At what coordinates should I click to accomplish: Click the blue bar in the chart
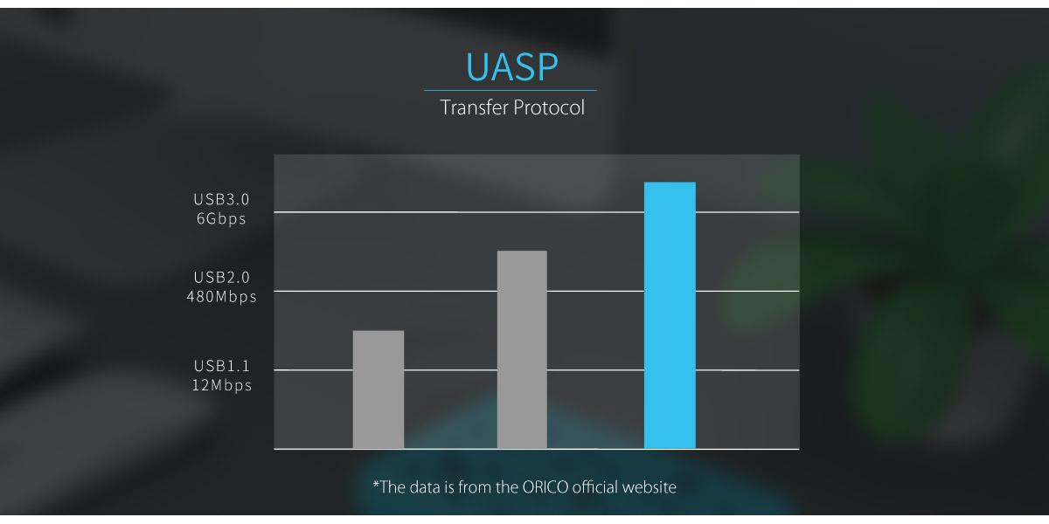point(670,315)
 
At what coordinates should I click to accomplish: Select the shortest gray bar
point(379,390)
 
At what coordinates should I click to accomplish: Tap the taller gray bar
point(522,349)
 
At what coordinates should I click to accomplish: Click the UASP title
point(512,67)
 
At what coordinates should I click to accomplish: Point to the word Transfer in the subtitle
point(474,107)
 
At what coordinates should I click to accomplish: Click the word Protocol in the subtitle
point(549,107)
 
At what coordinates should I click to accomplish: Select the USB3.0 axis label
point(221,200)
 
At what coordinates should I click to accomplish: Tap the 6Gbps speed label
point(221,219)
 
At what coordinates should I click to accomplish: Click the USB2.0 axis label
point(221,278)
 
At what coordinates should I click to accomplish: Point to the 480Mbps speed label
point(221,297)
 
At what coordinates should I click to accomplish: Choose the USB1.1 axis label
point(221,366)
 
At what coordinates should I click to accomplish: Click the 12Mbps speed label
point(221,385)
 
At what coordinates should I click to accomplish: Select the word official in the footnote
point(594,487)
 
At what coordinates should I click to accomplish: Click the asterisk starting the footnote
point(376,484)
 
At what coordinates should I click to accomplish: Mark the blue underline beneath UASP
point(511,90)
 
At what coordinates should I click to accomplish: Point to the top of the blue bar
point(670,183)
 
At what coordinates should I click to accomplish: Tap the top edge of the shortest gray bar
point(379,331)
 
